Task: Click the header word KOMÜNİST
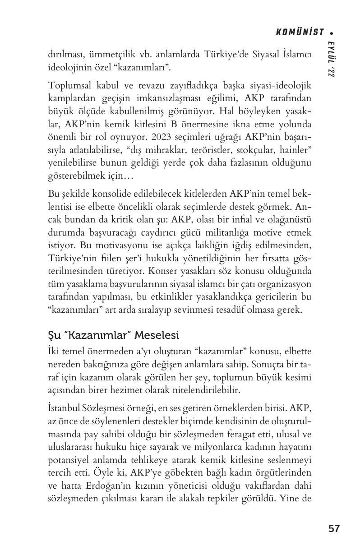tap(300, 32)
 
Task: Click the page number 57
tap(334, 528)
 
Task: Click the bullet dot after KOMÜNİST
tap(332, 32)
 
